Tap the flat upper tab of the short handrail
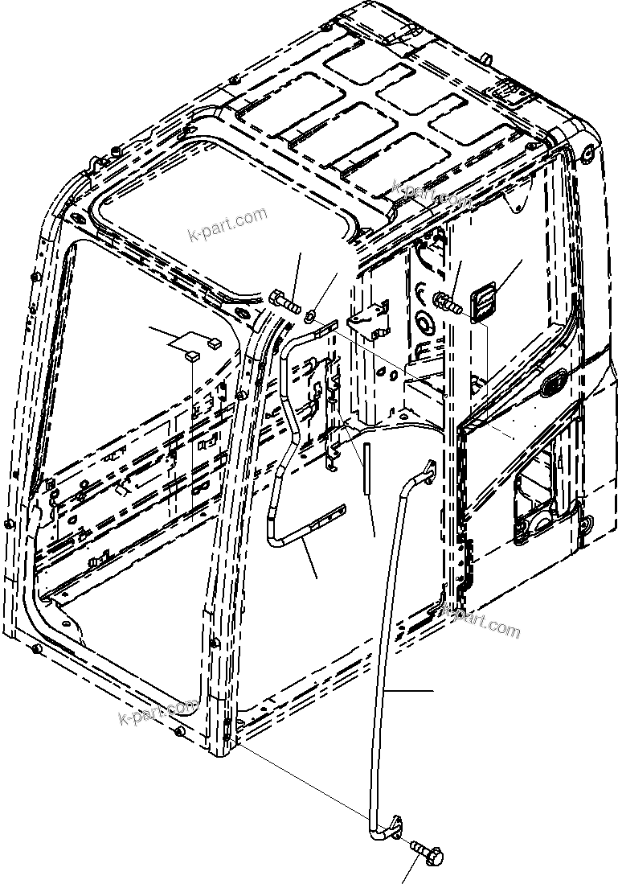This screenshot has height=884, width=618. tap(325, 325)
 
